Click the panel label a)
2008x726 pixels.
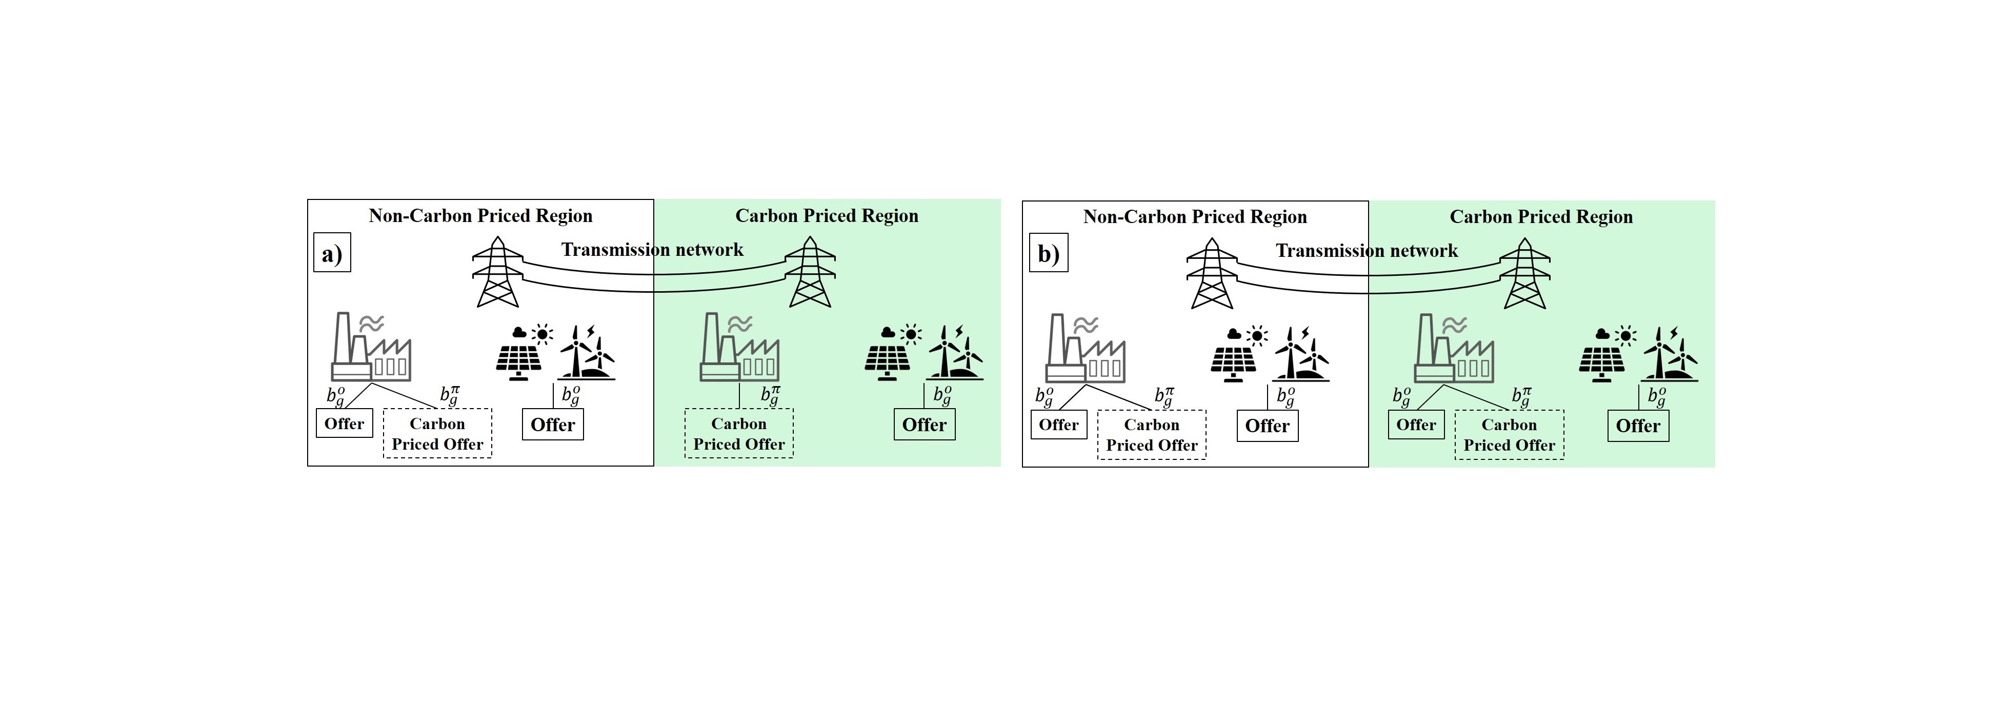[x=332, y=253]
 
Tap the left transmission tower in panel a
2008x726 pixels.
[x=496, y=272]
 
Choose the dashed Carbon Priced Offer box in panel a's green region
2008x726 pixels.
[x=739, y=434]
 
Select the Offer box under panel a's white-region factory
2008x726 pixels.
[x=344, y=423]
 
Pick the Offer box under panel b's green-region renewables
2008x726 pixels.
[x=1638, y=426]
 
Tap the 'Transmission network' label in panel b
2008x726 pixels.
[x=1367, y=250]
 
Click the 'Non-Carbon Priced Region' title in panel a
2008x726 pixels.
[x=480, y=215]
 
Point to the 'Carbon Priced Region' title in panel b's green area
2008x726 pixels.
[x=1541, y=217]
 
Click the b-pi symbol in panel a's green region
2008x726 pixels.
[x=770, y=395]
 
